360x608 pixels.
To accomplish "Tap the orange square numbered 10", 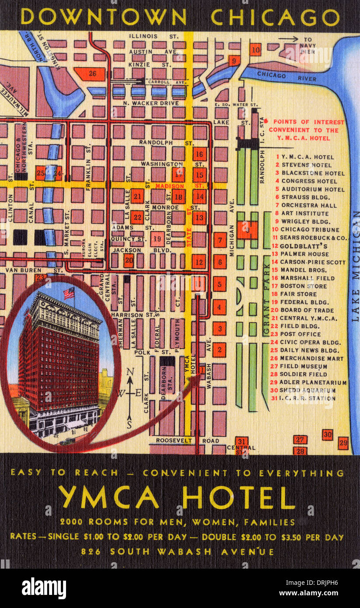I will pyautogui.click(x=255, y=49).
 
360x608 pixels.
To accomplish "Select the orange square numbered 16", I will pyautogui.click(x=199, y=154).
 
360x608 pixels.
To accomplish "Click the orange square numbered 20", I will pyautogui.click(x=128, y=261).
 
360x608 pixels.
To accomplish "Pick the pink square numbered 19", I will pyautogui.click(x=157, y=239).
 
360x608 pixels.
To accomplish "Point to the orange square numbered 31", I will pyautogui.click(x=241, y=441).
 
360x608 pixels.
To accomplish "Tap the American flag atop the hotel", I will pyautogui.click(x=69, y=293).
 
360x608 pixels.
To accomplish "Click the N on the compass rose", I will pyautogui.click(x=130, y=372).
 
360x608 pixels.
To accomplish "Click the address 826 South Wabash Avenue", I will pyautogui.click(x=177, y=552).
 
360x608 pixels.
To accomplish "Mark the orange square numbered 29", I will pyautogui.click(x=343, y=443).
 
